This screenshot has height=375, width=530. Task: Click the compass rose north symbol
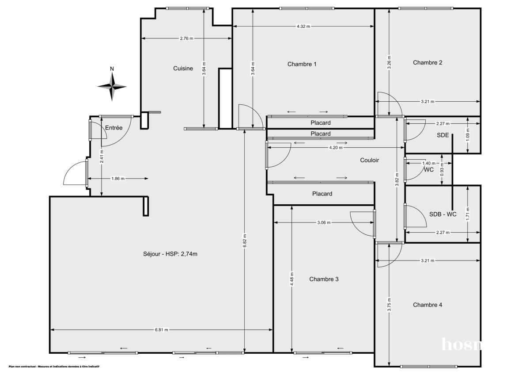click(x=112, y=85)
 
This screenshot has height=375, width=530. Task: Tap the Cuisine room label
click(x=183, y=69)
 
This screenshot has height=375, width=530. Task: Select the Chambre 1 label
click(x=302, y=64)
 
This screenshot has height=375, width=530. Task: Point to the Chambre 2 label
click(x=428, y=63)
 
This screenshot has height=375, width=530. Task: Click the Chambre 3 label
click(x=324, y=279)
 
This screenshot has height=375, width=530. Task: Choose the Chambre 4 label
click(x=428, y=305)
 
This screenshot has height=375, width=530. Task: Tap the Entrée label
click(x=114, y=128)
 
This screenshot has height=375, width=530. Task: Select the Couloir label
click(x=369, y=161)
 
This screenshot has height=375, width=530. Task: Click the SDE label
click(x=443, y=135)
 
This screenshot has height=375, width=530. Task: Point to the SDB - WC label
click(x=443, y=214)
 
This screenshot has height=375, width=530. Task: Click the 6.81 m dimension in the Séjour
click(x=161, y=330)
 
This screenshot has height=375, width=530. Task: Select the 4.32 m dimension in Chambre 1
click(x=303, y=27)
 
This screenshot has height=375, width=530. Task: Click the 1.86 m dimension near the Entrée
click(x=117, y=179)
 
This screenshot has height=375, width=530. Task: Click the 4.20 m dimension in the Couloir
click(x=336, y=148)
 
